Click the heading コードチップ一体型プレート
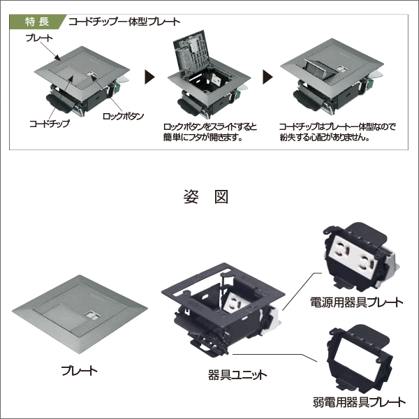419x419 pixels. (124, 20)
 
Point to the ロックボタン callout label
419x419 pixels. (123, 115)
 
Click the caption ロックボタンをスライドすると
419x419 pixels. (209, 126)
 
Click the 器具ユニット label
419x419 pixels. (237, 374)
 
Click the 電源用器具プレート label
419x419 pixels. (356, 302)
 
